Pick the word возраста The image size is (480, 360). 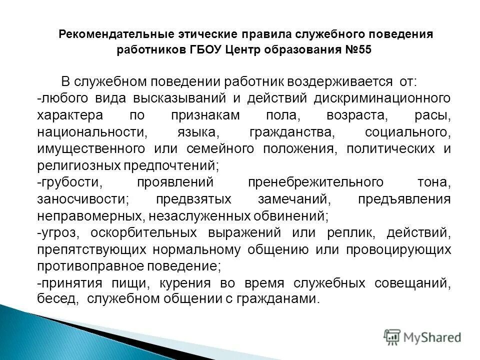(355, 115)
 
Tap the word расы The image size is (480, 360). (433, 115)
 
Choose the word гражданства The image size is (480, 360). (291, 132)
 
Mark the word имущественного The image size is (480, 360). (90, 149)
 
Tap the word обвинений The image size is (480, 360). (292, 216)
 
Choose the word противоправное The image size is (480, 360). (89, 265)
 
